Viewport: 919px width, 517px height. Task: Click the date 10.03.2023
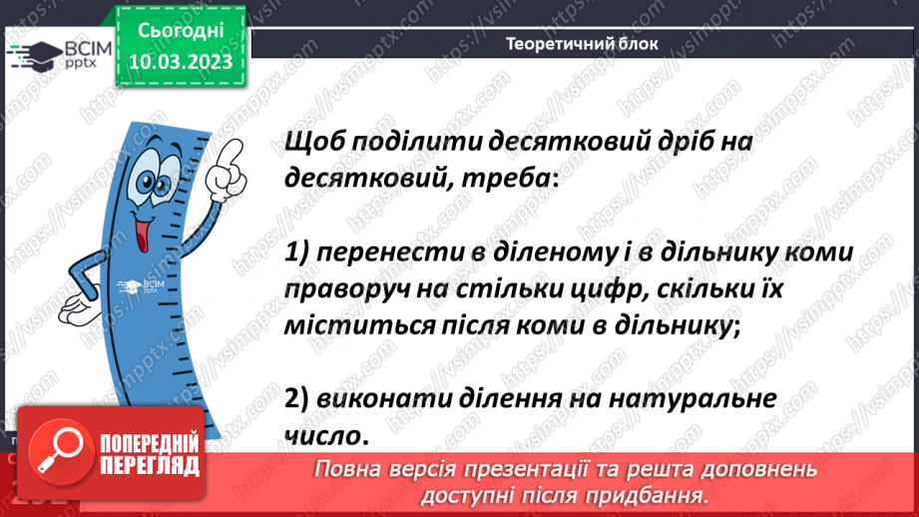(181, 62)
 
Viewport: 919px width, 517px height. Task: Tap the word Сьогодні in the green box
(181, 31)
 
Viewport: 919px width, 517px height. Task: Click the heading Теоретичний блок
(582, 45)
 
